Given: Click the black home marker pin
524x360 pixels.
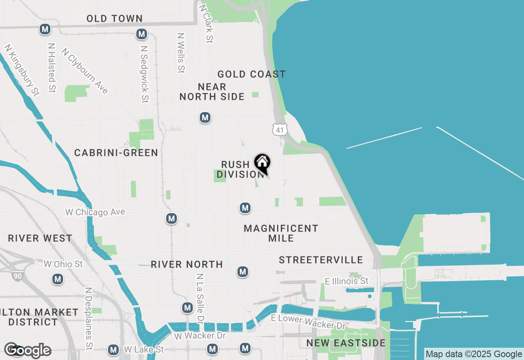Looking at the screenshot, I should pyautogui.click(x=262, y=162).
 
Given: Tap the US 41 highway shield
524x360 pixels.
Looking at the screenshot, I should pyautogui.click(x=280, y=130).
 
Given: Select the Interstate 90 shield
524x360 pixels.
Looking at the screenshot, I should pyautogui.click(x=17, y=277).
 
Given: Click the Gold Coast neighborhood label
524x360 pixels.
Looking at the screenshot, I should pyautogui.click(x=251, y=74).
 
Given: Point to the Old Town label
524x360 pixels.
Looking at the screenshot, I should pyautogui.click(x=115, y=19).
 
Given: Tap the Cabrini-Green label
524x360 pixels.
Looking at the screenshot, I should pyautogui.click(x=116, y=153).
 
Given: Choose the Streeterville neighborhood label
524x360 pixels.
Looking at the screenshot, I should pyautogui.click(x=321, y=260).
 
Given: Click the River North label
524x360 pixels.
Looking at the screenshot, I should pyautogui.click(x=187, y=265).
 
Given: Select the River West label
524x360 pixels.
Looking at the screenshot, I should pyautogui.click(x=40, y=239).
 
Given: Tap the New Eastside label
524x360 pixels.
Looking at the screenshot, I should pyautogui.click(x=346, y=343).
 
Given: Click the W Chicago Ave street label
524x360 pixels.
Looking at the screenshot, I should pyautogui.click(x=95, y=212).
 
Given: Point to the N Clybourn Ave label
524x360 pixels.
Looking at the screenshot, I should pyautogui.click(x=85, y=71).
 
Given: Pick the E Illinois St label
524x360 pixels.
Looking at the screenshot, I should pyautogui.click(x=346, y=281).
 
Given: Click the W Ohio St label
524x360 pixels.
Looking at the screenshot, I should pyautogui.click(x=63, y=264).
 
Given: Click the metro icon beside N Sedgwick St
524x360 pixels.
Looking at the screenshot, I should pyautogui.click(x=142, y=34).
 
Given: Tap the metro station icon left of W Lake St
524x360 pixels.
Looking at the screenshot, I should pyautogui.click(x=113, y=350).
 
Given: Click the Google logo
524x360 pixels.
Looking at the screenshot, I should pyautogui.click(x=27, y=350).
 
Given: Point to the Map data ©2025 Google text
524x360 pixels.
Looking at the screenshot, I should pyautogui.click(x=474, y=354).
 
